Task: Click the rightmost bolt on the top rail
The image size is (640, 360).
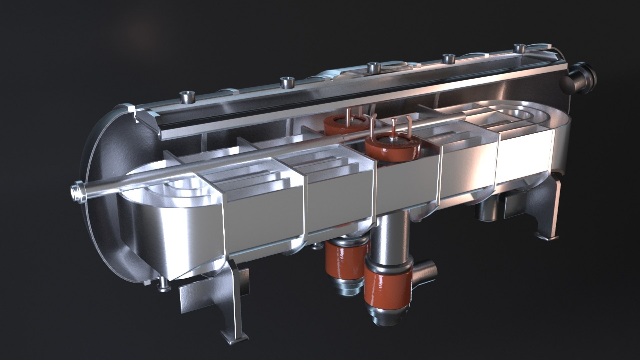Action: tap(519, 49)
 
